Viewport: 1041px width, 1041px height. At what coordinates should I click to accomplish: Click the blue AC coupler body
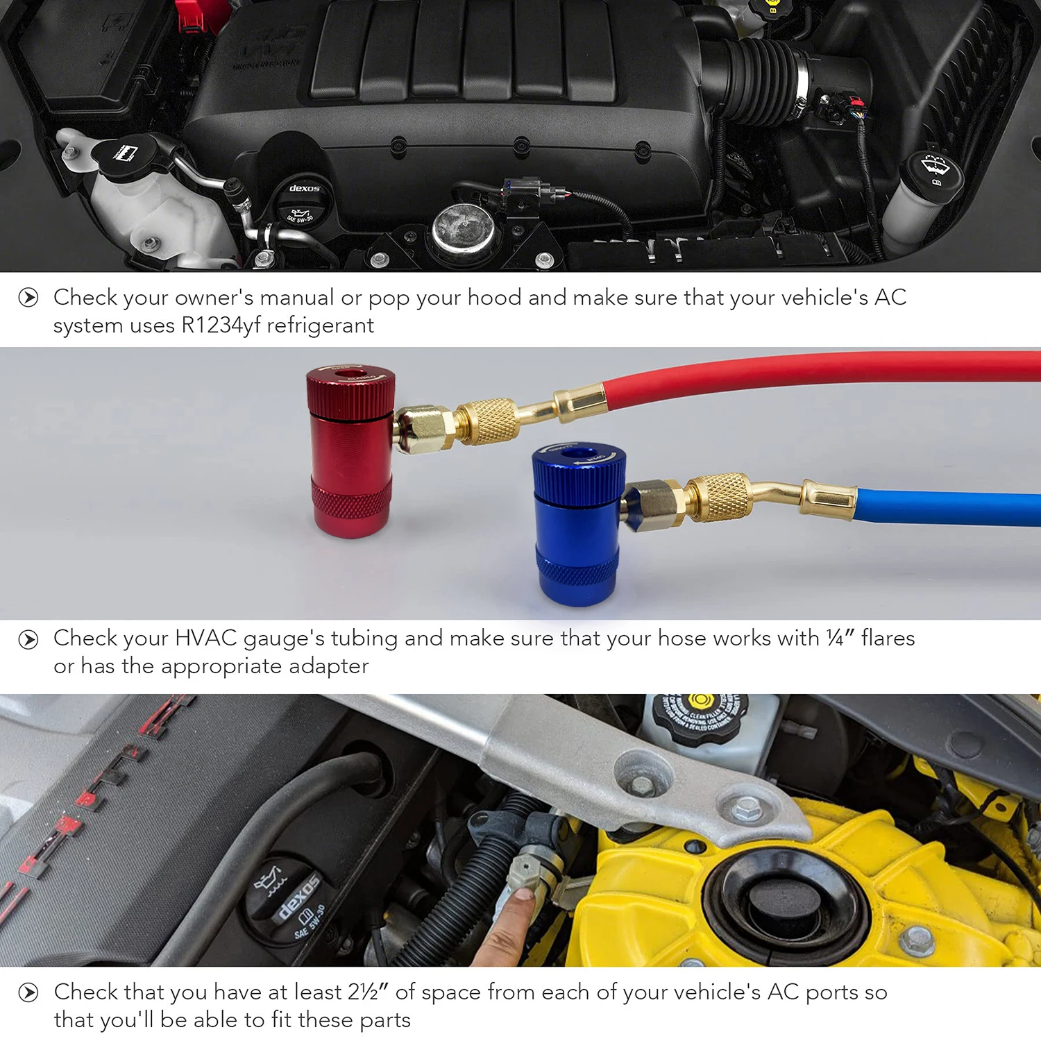577,527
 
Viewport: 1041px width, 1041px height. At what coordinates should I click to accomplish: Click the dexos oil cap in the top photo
303,204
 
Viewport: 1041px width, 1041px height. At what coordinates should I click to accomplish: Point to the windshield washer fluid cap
931,171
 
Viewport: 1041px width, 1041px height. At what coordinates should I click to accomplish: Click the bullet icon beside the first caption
28,298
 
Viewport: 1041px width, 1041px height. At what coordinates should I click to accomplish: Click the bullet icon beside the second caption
28,638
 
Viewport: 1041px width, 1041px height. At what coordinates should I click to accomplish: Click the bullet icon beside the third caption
28,992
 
